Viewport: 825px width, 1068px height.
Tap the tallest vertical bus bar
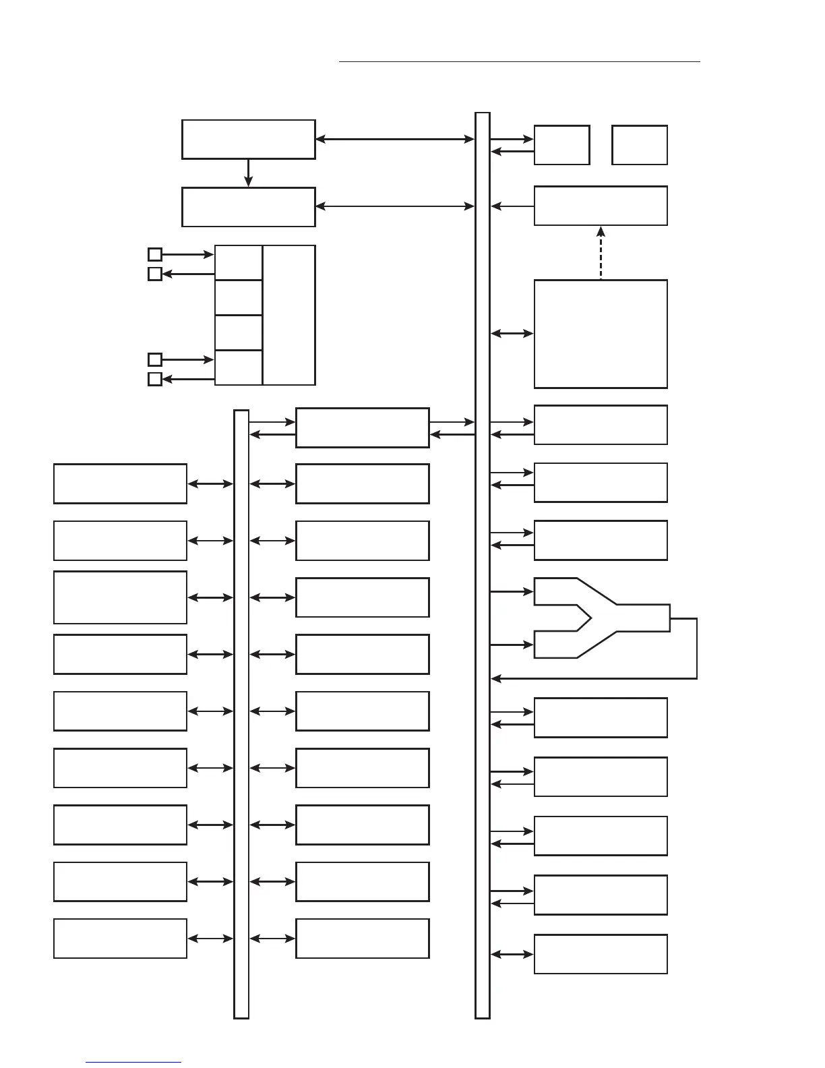tap(483, 565)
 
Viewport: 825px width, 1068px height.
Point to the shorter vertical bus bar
tap(241, 713)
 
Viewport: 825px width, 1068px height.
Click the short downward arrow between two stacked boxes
tap(248, 173)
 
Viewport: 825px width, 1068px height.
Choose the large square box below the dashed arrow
tap(601, 334)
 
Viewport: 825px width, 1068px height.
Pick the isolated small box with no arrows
tap(640, 145)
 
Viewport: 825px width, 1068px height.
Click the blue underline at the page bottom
tap(133, 1063)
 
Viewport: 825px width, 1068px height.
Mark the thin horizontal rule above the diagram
tap(519, 61)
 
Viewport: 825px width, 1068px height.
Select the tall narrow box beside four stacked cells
tap(289, 315)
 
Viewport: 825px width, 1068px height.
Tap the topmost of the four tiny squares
tap(155, 254)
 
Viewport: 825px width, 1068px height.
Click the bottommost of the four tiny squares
tap(155, 379)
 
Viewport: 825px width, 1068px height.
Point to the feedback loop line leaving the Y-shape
tap(696, 647)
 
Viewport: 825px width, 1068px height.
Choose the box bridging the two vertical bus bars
tap(362, 427)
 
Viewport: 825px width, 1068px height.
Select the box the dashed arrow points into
tap(601, 206)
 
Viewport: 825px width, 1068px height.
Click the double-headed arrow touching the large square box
tap(512, 333)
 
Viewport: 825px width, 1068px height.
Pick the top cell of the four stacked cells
tap(239, 262)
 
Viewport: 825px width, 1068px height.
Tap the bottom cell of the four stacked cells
tap(239, 367)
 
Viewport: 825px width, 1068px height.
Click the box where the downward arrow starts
tap(248, 140)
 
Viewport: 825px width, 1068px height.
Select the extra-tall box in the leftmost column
tap(120, 597)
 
